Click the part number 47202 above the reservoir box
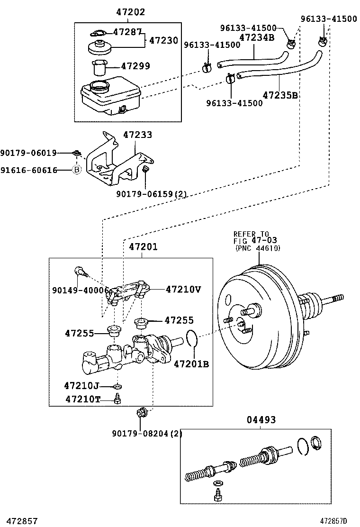(x=127, y=12)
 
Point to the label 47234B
(x=257, y=37)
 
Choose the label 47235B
(x=280, y=95)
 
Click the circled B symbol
(x=76, y=169)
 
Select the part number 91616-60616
(x=28, y=169)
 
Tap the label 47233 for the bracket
(x=137, y=135)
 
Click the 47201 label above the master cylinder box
(x=143, y=246)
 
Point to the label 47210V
(x=183, y=289)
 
